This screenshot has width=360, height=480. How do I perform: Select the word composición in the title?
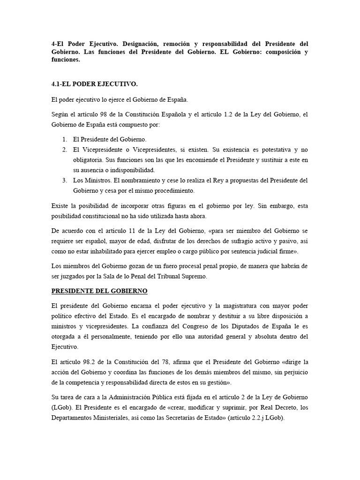coord(283,52)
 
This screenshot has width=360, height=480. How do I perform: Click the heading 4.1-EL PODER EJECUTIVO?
coord(94,84)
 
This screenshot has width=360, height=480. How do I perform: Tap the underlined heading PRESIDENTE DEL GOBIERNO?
coord(99,291)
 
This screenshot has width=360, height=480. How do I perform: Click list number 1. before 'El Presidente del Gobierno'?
coord(64,140)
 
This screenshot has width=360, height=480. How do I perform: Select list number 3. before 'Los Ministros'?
coord(64,180)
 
